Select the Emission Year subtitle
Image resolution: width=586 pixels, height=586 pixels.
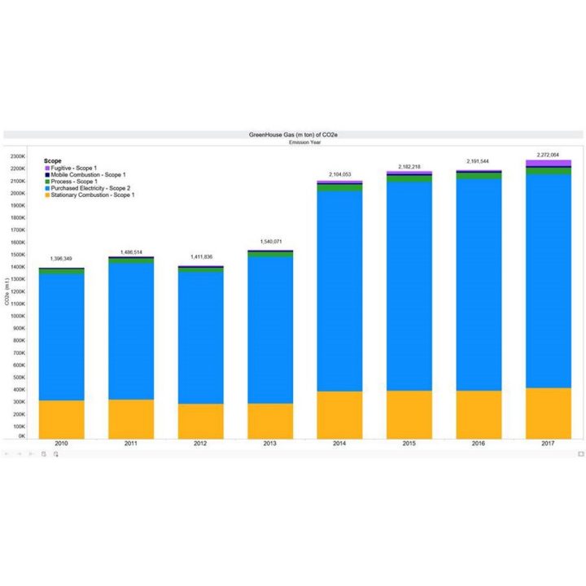click(x=292, y=142)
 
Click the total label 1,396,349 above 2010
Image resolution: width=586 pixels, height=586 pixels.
click(x=61, y=259)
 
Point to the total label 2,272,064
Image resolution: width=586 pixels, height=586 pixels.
click(x=548, y=153)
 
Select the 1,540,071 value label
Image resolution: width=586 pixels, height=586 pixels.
click(x=269, y=242)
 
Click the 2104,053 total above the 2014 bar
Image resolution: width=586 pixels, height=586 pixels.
click(x=339, y=173)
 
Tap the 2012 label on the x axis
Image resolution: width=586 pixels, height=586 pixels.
click(x=200, y=444)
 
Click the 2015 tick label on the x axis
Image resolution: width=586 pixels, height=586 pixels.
click(x=409, y=444)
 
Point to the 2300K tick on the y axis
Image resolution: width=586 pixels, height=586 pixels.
click(x=19, y=156)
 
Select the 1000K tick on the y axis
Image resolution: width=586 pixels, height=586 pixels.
click(x=19, y=316)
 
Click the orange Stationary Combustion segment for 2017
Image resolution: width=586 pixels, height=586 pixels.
click(x=548, y=413)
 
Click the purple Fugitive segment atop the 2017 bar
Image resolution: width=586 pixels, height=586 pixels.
click(x=548, y=163)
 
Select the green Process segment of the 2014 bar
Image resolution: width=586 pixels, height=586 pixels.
click(x=339, y=188)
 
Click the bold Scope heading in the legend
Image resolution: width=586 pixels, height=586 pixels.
click(x=53, y=161)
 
